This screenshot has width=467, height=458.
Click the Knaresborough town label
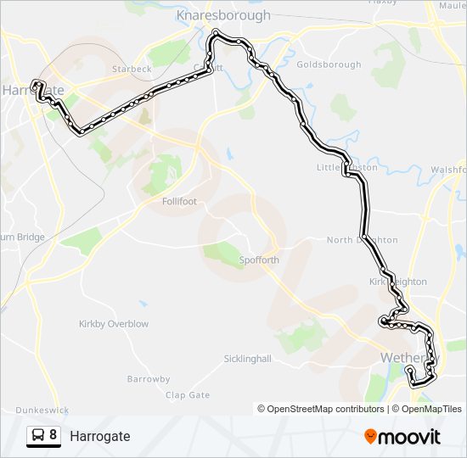pyautogui.click(x=223, y=15)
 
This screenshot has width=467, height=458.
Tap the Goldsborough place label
pyautogui.click(x=329, y=64)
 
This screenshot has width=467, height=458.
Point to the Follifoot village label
pyautogui.click(x=180, y=202)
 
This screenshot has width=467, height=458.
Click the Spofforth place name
pyautogui.click(x=259, y=260)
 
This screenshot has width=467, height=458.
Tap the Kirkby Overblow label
pyautogui.click(x=114, y=324)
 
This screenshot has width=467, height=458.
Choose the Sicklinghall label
pyautogui.click(x=247, y=359)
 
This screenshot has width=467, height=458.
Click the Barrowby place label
pyautogui.click(x=149, y=379)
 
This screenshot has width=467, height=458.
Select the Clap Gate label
pyautogui.click(x=188, y=395)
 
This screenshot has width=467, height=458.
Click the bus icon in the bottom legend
pyautogui.click(x=38, y=435)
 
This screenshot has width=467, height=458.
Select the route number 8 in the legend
pyautogui.click(x=53, y=435)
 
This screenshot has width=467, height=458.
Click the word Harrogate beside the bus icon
pyautogui.click(x=100, y=436)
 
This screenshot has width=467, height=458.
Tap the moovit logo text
pyautogui.click(x=410, y=437)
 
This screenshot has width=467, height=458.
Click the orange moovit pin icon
pyautogui.click(x=370, y=437)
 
